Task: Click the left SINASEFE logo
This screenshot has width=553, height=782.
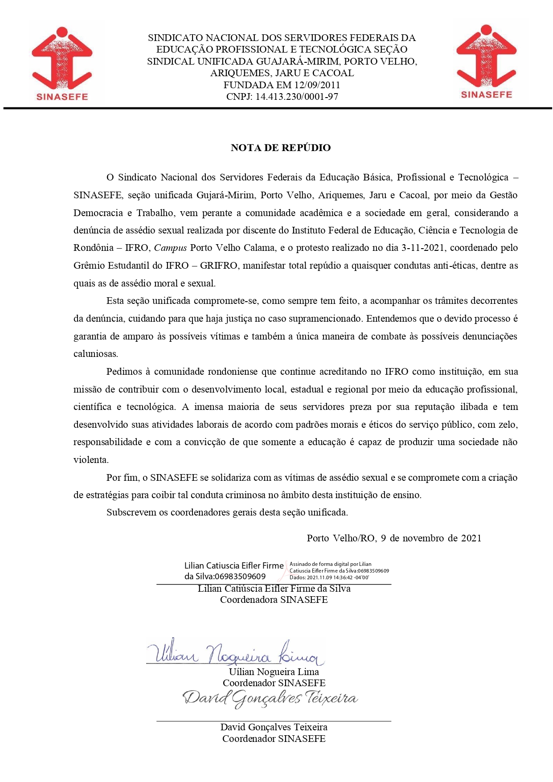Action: (62, 63)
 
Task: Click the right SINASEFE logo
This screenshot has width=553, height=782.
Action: (486, 61)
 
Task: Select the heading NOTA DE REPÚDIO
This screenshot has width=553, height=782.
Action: (281, 148)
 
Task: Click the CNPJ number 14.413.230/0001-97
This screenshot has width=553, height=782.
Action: (297, 97)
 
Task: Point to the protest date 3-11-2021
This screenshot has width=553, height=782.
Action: (422, 248)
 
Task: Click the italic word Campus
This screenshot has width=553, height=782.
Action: (170, 248)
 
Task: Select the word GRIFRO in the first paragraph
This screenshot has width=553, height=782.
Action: (218, 266)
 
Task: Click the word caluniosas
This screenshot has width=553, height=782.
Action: (95, 354)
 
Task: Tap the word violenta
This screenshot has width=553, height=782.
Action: (90, 460)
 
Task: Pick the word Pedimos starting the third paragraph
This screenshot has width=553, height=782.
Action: (123, 372)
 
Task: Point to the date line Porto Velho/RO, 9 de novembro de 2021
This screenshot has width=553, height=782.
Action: (394, 538)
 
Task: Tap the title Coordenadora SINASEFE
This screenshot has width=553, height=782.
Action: (274, 600)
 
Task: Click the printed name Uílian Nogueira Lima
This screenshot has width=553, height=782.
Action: (274, 672)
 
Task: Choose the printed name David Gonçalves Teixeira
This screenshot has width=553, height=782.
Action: (274, 727)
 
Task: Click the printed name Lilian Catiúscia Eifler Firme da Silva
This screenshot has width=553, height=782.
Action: (274, 589)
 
